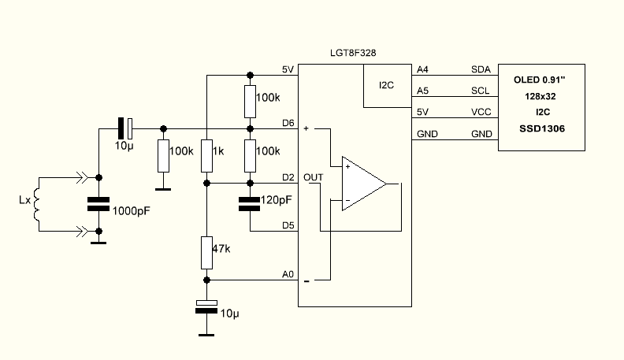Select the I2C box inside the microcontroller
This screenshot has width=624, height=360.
click(387, 86)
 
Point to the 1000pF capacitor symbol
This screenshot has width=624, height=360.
click(98, 204)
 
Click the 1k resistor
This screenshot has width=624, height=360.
click(206, 155)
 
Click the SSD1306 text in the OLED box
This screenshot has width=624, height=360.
click(541, 128)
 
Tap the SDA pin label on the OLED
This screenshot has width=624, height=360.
click(480, 69)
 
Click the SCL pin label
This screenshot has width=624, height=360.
click(480, 91)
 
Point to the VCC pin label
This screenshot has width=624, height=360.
click(481, 112)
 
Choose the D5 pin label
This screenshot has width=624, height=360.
click(288, 225)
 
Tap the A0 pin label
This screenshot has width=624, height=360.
click(288, 274)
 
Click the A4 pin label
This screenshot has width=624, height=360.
click(422, 69)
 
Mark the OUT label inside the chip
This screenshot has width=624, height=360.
click(313, 176)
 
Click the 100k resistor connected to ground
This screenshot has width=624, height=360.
click(163, 156)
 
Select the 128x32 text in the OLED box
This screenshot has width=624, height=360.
click(541, 96)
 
